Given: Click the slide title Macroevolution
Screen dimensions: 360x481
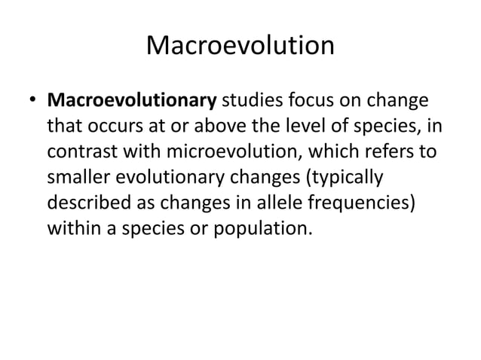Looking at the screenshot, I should coord(240,47).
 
